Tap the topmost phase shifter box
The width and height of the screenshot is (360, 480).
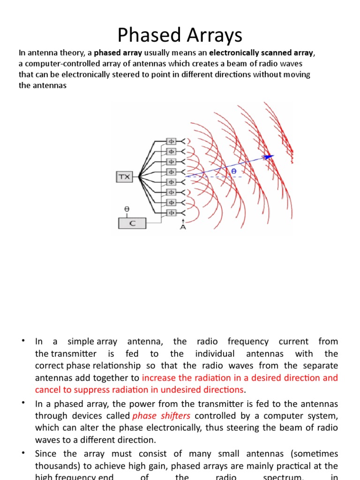click(x=171, y=141)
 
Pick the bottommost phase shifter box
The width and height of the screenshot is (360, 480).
click(x=171, y=213)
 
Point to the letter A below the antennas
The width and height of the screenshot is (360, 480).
click(x=183, y=227)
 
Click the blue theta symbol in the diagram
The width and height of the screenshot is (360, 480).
click(x=233, y=172)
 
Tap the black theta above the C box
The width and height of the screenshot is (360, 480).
click(x=127, y=209)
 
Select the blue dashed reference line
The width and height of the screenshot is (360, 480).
click(x=211, y=177)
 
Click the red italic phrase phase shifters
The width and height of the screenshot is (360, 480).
click(x=161, y=416)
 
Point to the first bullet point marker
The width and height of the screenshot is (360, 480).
click(x=22, y=341)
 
